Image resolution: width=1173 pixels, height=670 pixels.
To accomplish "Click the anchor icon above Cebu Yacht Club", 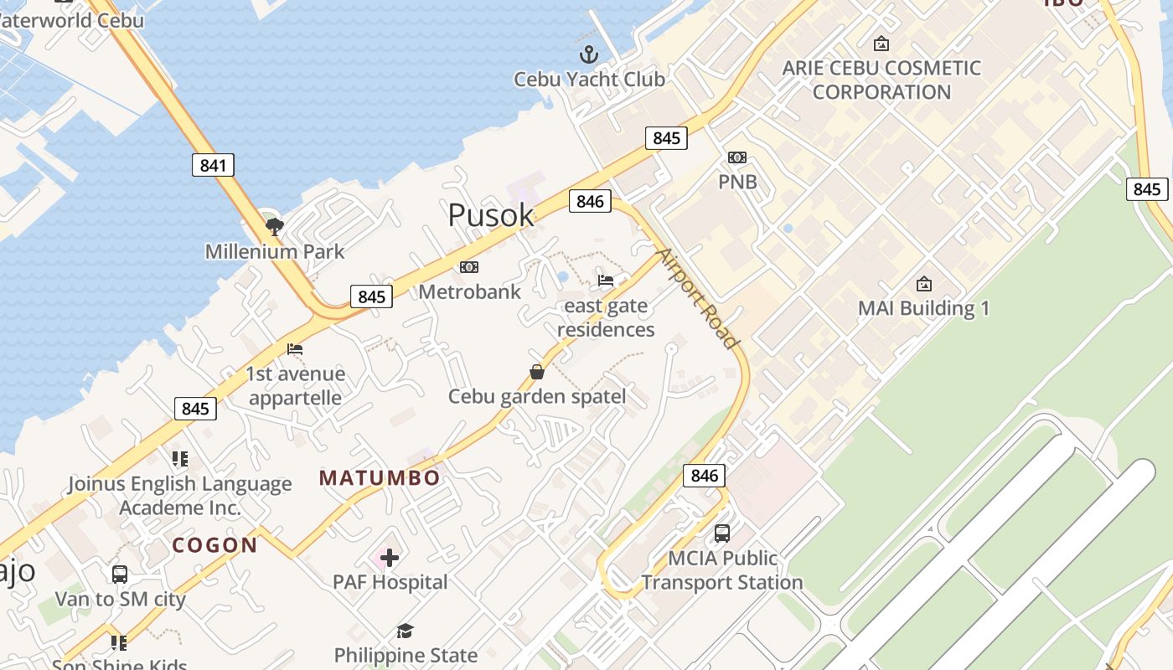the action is pos(590,55).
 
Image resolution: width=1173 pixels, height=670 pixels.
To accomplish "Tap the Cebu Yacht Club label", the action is pos(589,80).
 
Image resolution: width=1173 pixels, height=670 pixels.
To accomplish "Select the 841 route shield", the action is pos(213,165).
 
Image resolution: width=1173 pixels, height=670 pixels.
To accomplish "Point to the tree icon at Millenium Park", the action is pos(274,225).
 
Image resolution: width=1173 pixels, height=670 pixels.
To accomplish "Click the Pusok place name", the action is pos(491,215).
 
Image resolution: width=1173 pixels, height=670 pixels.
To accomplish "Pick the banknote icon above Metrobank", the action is pos(469,267).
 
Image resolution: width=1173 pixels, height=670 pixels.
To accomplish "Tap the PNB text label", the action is pos(737,182).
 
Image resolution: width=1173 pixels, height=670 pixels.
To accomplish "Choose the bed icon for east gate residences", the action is pos(606,281).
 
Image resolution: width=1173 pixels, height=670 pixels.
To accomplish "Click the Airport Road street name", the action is pos(697,298).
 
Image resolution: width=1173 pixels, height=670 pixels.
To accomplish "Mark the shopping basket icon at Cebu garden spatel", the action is pos(537,372).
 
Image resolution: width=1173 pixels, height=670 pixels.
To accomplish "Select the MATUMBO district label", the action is pos(380,478).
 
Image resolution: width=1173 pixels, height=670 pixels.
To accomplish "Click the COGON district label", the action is pos(215,545).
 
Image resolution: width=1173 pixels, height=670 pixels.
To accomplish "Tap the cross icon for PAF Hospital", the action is pos(390,557).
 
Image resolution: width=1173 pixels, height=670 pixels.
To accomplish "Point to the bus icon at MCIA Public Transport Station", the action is pos(721,533).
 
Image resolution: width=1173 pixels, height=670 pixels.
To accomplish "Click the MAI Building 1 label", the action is pos(923,308).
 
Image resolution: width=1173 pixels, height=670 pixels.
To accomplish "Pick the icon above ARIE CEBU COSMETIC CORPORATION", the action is pos(881,44).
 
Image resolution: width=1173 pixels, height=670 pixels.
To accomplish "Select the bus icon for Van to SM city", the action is pos(120,575).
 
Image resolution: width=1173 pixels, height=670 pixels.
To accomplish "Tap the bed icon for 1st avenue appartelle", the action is pos(295,349).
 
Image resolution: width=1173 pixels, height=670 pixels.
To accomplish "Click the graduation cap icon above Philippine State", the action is pos(406,631).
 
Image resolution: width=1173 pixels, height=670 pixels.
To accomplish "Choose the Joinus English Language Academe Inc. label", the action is pos(179,496).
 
